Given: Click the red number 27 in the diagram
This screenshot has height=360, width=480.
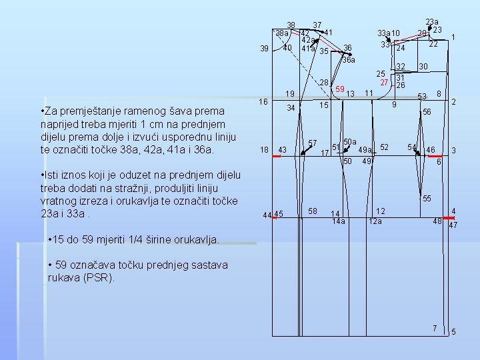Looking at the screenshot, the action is [384, 82].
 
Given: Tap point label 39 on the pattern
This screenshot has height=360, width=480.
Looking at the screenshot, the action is [265, 49].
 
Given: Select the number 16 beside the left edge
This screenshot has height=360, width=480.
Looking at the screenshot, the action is [264, 101].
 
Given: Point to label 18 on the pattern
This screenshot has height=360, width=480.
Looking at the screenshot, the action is [264, 150].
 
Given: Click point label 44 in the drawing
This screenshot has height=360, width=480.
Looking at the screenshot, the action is [267, 215].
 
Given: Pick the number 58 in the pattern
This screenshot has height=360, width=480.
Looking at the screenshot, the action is [313, 211].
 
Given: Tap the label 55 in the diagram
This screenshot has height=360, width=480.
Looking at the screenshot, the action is [427, 199].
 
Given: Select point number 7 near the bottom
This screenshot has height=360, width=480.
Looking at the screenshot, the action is [434, 328].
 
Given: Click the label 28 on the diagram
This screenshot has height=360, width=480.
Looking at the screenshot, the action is [325, 82].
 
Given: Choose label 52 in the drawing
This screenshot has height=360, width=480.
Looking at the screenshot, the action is [385, 147].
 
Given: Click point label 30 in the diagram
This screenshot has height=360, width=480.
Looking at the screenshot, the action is [423, 66].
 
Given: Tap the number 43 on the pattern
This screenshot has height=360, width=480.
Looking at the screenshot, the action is [282, 151].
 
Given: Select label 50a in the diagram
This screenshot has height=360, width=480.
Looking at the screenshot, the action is [350, 141].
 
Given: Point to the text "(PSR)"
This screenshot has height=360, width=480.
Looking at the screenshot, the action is [100, 277].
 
